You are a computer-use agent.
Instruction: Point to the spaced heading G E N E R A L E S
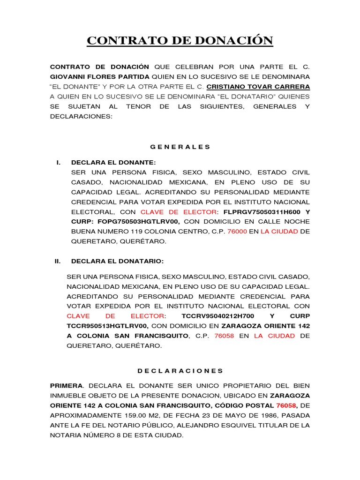pos(180,147)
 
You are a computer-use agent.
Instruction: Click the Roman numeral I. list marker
pos(58,162)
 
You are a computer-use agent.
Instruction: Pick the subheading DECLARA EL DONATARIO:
pos(117,261)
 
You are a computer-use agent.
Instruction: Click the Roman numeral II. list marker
pos(58,261)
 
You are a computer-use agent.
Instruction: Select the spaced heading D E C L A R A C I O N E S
pos(180,370)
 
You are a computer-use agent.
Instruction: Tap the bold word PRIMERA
pos(67,385)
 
